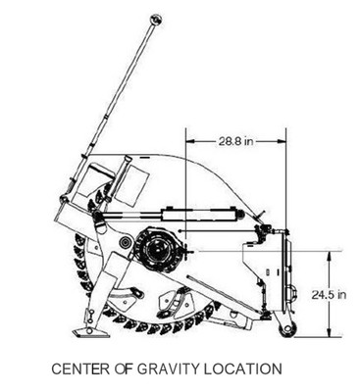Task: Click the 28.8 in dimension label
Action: point(236,142)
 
